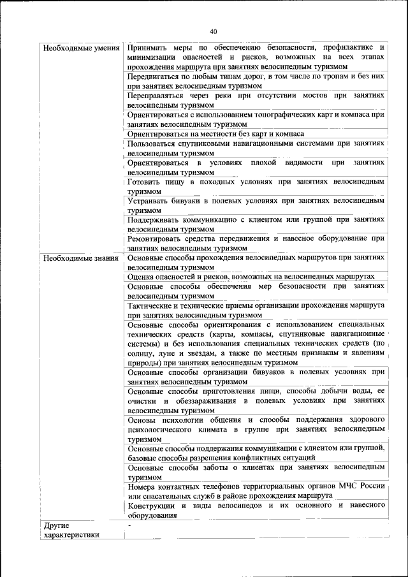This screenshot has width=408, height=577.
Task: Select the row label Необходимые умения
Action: (81, 48)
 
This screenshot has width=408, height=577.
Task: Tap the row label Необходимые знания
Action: (80, 258)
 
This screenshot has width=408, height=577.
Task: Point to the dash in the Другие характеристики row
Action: (129, 525)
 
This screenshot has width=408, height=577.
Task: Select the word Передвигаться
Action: (157, 76)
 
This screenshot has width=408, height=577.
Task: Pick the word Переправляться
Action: (158, 95)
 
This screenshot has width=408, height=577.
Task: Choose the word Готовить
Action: (145, 182)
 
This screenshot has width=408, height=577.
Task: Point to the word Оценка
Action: (142, 277)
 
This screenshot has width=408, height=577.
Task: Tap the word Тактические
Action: (154, 306)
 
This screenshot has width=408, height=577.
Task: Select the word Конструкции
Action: (154, 506)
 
